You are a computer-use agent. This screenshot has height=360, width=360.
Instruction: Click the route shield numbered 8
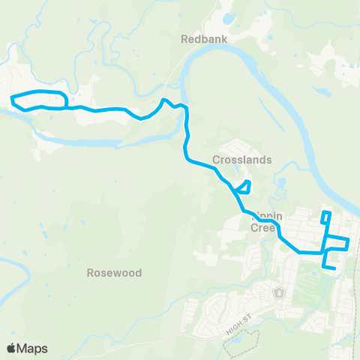(x=280, y=292)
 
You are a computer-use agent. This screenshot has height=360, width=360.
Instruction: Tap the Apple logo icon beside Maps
(x=11, y=348)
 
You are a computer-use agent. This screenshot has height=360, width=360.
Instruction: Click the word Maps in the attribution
(x=33, y=348)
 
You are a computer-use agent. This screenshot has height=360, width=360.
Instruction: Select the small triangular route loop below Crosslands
(x=242, y=187)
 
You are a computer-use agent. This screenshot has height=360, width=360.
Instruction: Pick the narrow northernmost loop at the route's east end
(x=325, y=218)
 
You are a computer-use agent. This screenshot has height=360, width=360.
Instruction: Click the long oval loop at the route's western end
(x=39, y=100)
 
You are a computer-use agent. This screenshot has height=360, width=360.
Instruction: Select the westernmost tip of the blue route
(x=10, y=97)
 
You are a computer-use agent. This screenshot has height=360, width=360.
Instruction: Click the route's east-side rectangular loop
(x=337, y=244)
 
